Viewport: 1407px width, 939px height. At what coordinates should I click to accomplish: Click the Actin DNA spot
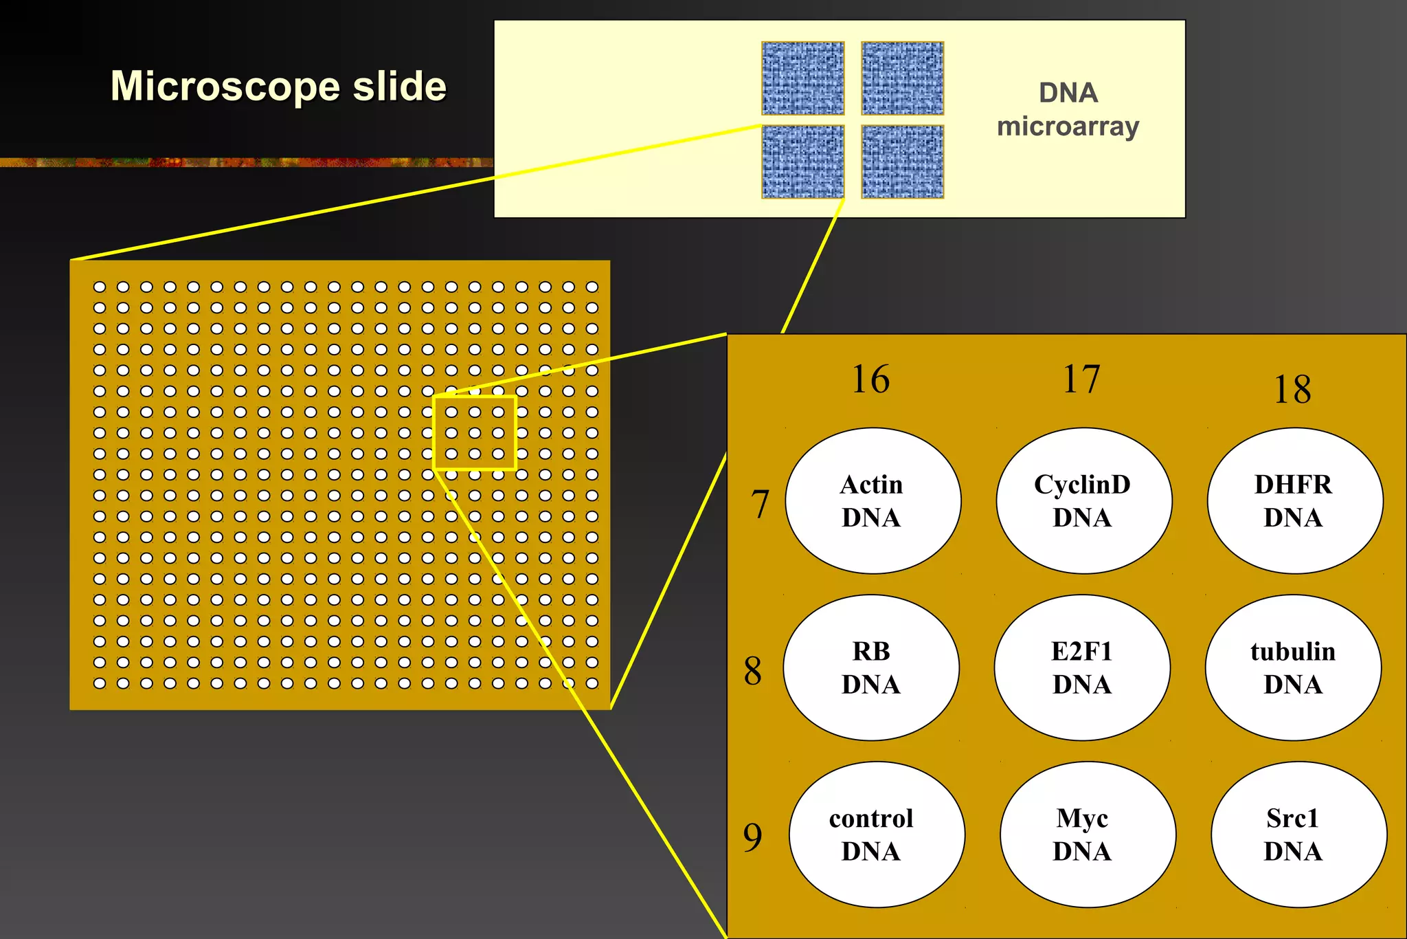point(873,500)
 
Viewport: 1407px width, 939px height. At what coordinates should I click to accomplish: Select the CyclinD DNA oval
point(1083,500)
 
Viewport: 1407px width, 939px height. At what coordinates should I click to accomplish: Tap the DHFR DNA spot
point(1294,500)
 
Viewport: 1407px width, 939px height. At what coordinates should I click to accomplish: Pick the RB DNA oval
point(871,667)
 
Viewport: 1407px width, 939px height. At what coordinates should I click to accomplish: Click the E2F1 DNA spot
point(1082,667)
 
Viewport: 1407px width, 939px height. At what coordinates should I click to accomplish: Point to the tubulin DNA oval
point(1293,667)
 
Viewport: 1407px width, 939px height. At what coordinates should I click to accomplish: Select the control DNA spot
point(876,835)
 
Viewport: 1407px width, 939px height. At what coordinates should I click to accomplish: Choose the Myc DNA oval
point(1087,835)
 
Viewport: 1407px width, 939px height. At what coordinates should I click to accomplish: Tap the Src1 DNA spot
point(1298,835)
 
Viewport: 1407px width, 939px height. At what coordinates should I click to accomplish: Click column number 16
point(870,379)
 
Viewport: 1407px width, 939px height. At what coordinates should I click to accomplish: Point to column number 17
point(1081,379)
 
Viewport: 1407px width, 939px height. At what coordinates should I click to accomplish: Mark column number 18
point(1292,390)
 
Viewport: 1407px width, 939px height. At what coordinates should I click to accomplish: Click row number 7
point(759,504)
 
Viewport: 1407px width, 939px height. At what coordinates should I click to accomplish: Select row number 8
point(753,671)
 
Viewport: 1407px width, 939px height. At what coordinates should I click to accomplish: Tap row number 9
point(753,837)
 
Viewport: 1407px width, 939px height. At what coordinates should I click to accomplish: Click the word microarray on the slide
point(1068,127)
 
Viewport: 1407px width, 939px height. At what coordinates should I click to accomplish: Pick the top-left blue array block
point(802,78)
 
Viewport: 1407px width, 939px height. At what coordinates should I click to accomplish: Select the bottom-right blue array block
point(902,162)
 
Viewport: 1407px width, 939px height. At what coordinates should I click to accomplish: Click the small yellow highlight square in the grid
point(475,433)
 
